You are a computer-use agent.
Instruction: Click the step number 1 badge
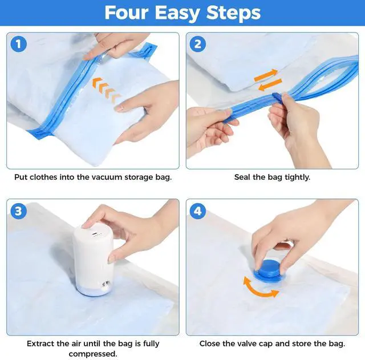pos(19,45)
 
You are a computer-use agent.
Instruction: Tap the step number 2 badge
pos(198,45)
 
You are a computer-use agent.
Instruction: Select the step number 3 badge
pos(19,211)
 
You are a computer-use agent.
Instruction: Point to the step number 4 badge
pos(198,211)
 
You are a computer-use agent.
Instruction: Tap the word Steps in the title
pos(233,13)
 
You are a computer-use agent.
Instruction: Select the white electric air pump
pos(94,259)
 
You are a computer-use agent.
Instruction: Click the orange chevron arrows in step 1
pos(106,90)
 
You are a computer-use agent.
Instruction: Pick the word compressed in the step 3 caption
pos(93,354)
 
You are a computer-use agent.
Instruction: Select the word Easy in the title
pos(177,13)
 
